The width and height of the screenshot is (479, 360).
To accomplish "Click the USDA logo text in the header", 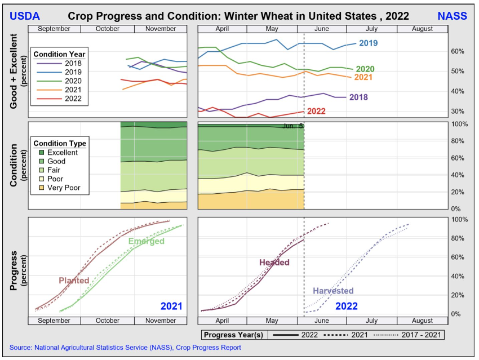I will tap(25, 15).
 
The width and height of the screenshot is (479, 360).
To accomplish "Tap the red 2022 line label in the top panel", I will tap(316, 111).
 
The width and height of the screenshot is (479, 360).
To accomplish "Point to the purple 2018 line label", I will tap(358, 97).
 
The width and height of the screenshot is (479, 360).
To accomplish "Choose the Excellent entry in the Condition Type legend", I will tap(63, 152).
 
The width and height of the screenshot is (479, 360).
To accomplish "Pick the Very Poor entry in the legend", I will tap(64, 188).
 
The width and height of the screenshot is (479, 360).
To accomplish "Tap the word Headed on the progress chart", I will tap(274, 263).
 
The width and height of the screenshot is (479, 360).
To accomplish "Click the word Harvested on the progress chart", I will tap(333, 291).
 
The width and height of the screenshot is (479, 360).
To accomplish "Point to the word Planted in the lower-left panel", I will tap(74, 281).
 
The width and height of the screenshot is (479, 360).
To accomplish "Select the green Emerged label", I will tap(146, 242).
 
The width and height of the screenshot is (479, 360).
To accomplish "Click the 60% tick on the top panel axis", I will tap(457, 51).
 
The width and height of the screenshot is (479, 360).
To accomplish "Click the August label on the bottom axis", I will tap(422, 321).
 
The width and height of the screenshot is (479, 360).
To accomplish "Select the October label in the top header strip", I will tap(107, 29).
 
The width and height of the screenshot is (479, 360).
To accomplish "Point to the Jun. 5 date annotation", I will tap(292, 126).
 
